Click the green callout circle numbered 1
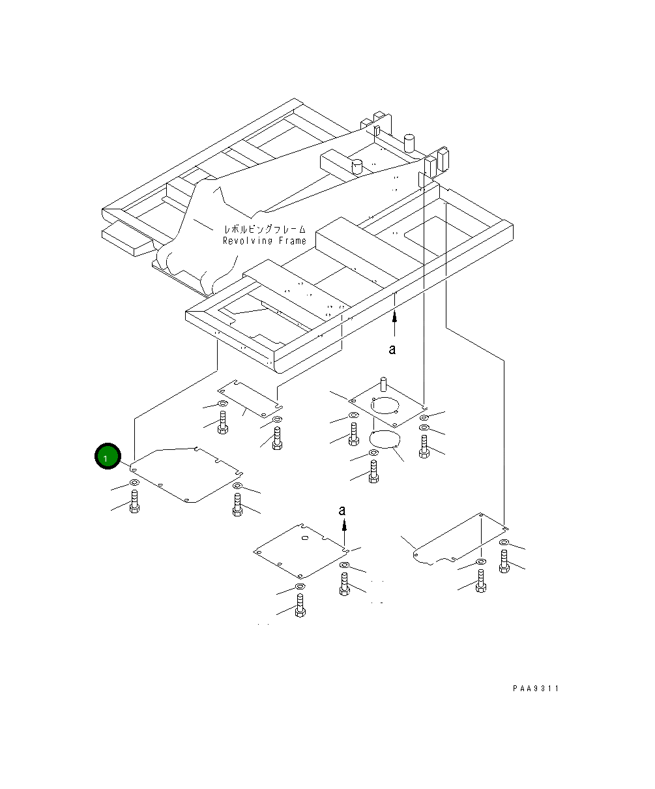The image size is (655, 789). [x=108, y=456]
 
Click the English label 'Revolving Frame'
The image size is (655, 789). [x=265, y=241]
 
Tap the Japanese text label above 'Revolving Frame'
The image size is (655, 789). [x=265, y=230]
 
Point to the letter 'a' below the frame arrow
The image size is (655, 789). [x=392, y=349]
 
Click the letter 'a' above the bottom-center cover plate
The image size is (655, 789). [x=342, y=511]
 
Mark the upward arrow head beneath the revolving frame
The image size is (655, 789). [x=395, y=317]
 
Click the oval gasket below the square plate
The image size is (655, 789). [x=385, y=439]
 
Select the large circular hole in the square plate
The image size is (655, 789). [x=385, y=406]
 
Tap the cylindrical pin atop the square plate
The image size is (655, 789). [x=383, y=384]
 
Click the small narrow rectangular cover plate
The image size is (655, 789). [x=250, y=399]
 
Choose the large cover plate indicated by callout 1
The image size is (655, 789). [x=186, y=475]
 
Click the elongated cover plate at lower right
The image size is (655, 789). [x=461, y=539]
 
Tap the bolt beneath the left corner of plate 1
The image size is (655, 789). [x=134, y=501]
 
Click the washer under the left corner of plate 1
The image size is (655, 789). [x=134, y=483]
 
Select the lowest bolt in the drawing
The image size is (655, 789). [x=300, y=605]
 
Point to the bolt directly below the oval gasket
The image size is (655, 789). [x=373, y=471]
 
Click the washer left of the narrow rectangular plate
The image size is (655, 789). [x=223, y=403]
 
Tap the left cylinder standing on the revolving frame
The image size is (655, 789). [x=357, y=166]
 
